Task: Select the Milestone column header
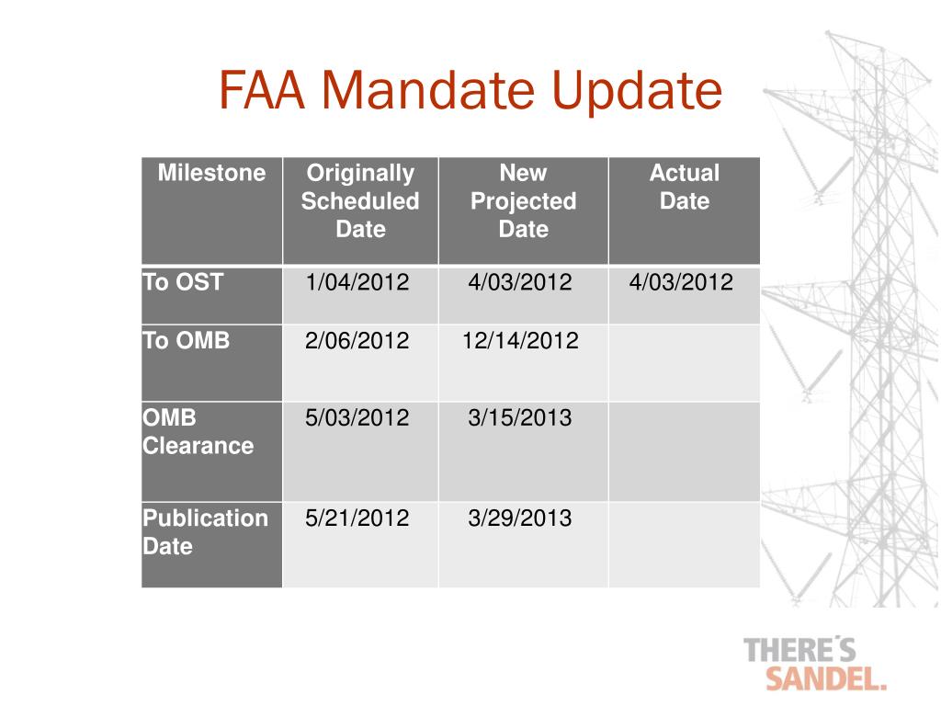(x=211, y=173)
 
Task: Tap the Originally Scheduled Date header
(x=360, y=200)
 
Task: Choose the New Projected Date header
(x=523, y=200)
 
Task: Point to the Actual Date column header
(x=684, y=187)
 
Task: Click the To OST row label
(x=183, y=282)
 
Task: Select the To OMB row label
(x=187, y=341)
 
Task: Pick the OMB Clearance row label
(x=198, y=432)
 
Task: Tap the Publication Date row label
(x=205, y=531)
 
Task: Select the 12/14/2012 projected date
(x=520, y=341)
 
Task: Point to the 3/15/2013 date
(x=519, y=418)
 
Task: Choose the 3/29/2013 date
(x=519, y=518)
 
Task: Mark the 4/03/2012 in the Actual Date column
(x=681, y=282)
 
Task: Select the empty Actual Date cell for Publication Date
(x=684, y=544)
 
